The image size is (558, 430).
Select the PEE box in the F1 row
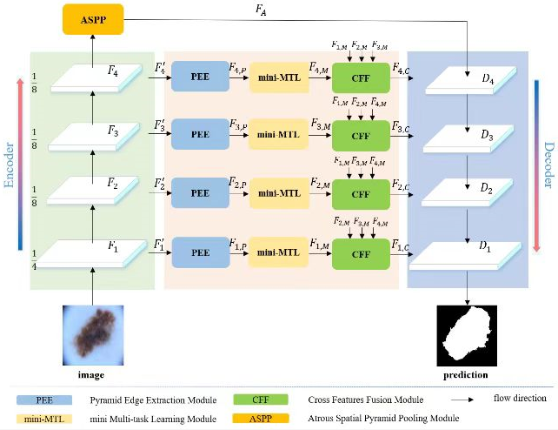tap(199, 252)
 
